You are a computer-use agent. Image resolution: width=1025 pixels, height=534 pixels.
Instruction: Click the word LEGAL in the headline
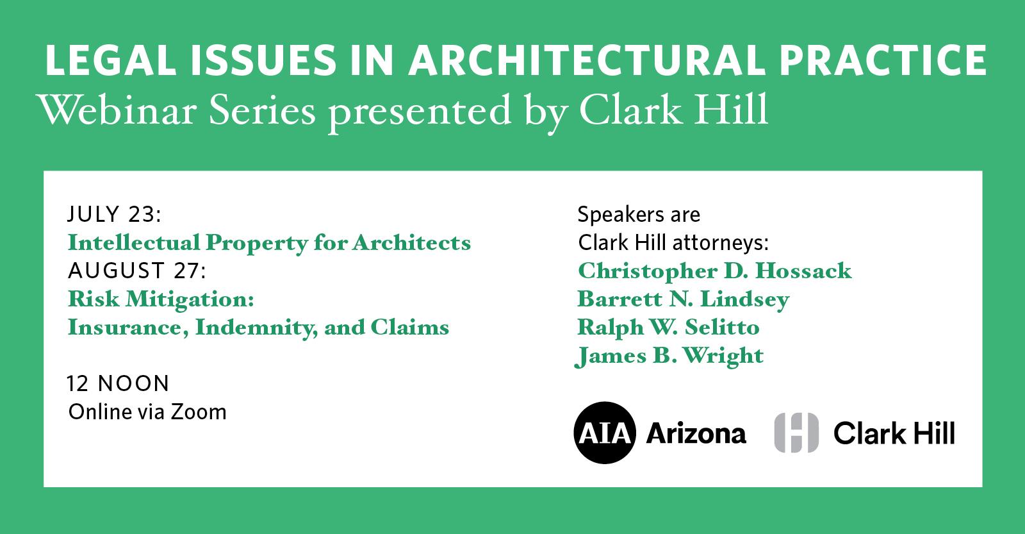[111, 60]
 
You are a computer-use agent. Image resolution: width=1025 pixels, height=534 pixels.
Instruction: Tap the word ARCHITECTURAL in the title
[587, 60]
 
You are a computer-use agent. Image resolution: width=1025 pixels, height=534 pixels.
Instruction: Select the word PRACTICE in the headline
[883, 60]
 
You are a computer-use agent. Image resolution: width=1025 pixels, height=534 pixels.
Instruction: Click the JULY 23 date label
[115, 214]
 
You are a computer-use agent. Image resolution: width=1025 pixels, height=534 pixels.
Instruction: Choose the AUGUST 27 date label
[137, 271]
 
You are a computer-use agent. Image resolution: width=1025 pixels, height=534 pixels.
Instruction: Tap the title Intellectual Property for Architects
[269, 243]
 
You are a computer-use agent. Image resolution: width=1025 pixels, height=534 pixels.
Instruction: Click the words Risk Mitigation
[161, 299]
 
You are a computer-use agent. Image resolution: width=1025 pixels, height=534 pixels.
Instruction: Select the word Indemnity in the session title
[256, 328]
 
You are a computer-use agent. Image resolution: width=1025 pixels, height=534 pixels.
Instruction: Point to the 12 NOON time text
[118, 384]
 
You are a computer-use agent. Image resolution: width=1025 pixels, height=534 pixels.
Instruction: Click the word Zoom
[199, 412]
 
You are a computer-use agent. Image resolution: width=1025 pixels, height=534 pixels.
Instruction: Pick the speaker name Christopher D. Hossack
[715, 271]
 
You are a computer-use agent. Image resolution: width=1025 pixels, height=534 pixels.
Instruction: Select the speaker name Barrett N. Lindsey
[684, 299]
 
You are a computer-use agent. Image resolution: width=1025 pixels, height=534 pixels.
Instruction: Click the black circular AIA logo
[605, 433]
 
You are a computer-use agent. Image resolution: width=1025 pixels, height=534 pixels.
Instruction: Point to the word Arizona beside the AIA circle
[696, 433]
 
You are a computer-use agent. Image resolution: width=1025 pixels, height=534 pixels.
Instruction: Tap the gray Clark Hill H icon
[796, 433]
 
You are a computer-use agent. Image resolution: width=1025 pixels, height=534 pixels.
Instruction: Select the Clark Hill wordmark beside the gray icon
[894, 433]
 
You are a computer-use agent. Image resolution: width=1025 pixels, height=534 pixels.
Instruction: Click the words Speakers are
[639, 214]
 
